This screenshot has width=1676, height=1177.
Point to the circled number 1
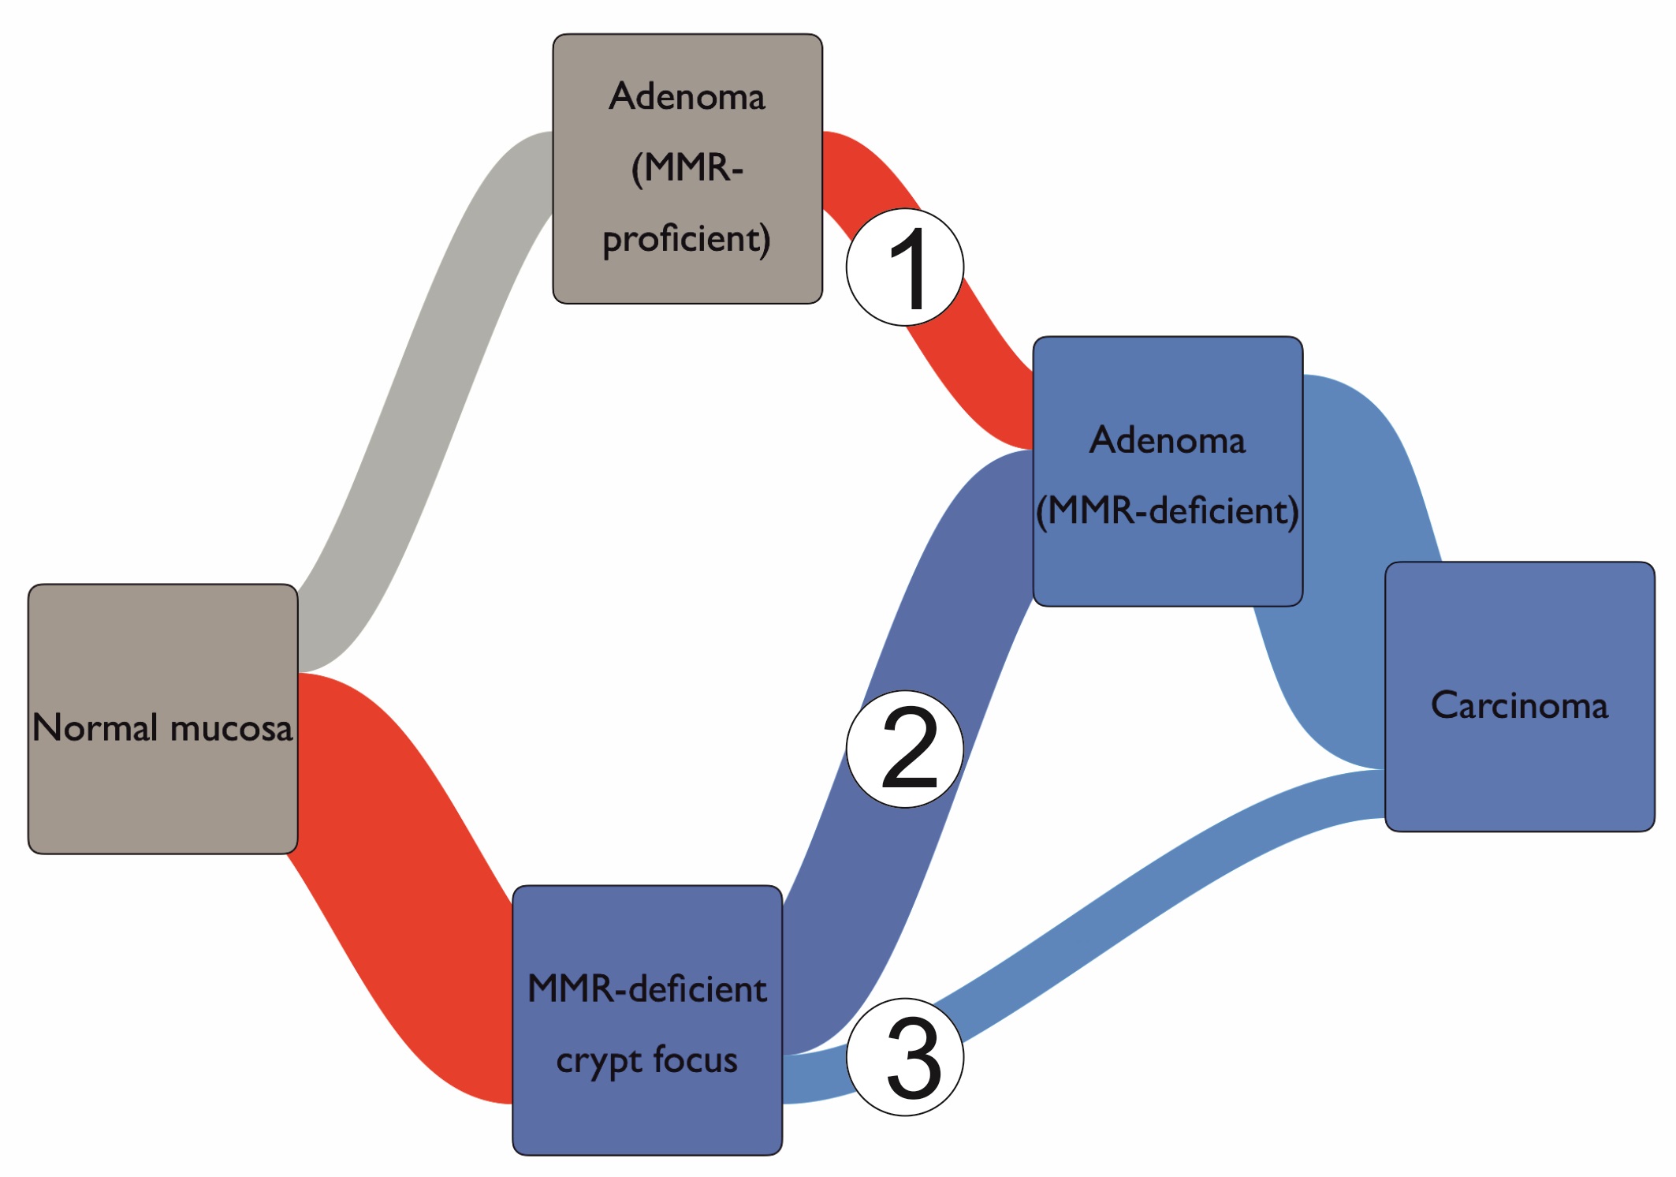pos(905,267)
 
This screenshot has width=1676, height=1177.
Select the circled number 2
pos(905,749)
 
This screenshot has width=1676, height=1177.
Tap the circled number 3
pos(905,1056)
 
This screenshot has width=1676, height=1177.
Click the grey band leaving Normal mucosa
pos(426,394)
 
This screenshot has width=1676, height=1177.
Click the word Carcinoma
pos(1519,705)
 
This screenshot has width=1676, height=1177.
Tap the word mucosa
pos(231,728)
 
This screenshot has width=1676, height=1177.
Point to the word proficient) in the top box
pos(687,239)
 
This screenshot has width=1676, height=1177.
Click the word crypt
pos(599,1061)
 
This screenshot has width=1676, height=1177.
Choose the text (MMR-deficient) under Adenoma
pos(1168,511)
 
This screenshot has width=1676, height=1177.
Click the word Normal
pos(95,727)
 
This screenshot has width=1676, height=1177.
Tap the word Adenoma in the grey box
pos(687,97)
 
